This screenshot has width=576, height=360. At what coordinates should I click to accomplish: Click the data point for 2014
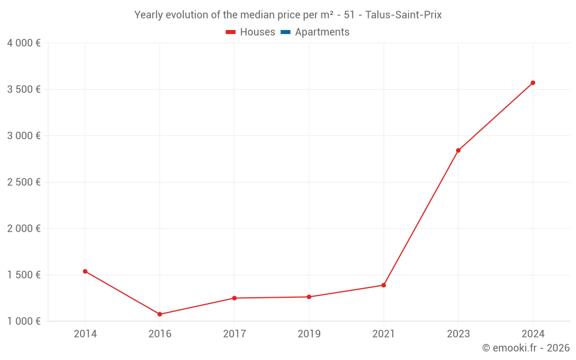85,271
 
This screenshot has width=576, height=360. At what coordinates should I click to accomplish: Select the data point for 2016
160,314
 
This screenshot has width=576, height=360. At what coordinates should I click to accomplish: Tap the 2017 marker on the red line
234,298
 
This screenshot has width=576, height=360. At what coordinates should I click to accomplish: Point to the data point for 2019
309,297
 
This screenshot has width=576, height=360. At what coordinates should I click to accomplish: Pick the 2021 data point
384,285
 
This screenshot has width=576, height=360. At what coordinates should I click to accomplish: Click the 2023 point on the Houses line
458,150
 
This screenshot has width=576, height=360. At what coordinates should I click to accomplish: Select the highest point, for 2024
533,83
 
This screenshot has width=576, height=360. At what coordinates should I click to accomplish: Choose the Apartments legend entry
322,32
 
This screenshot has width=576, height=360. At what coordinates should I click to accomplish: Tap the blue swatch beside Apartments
286,32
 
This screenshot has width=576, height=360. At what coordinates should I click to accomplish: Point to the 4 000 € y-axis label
24,43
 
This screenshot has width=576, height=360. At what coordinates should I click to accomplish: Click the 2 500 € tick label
24,182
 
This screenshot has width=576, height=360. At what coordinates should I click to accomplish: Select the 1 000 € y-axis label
24,321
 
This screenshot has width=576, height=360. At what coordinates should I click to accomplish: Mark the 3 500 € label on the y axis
24,89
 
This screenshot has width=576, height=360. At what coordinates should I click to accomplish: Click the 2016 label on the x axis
160,334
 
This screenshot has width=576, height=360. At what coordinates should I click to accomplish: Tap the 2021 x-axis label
384,334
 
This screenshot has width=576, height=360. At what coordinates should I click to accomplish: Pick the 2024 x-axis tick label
533,334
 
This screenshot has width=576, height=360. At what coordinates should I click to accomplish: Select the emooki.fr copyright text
526,348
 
